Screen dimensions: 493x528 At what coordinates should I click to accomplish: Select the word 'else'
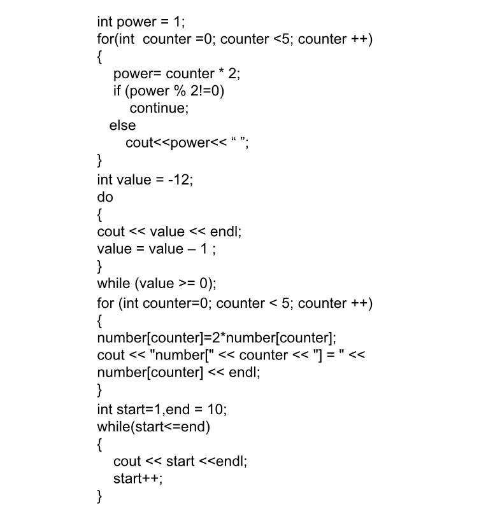[122, 125]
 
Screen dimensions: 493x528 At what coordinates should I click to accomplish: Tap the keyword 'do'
[105, 197]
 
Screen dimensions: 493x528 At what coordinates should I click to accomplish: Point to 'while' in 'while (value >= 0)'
[113, 283]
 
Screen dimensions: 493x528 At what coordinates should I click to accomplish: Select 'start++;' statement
[138, 478]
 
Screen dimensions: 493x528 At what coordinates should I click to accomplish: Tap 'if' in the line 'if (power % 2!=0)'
[117, 91]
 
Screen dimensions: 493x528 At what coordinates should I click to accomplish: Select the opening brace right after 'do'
[100, 214]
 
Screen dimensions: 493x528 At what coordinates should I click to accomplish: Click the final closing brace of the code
[100, 496]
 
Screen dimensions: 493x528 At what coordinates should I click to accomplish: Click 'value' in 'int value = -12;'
[134, 179]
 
